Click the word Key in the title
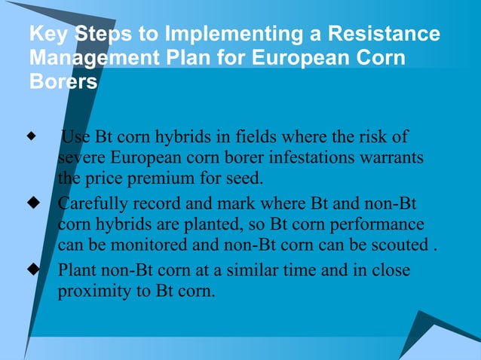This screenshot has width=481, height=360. [47, 35]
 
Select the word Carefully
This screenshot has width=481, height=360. [90, 203]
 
